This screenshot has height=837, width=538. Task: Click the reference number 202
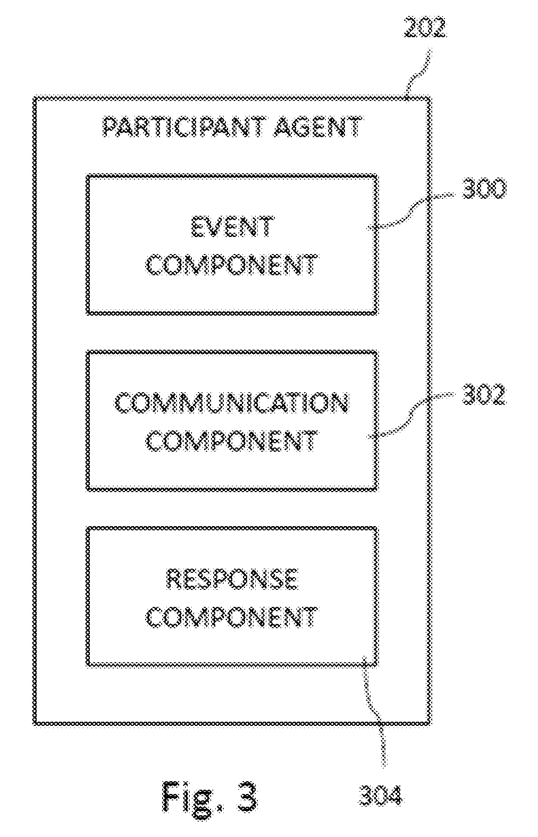coord(425,27)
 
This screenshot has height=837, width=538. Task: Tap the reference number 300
coord(484,189)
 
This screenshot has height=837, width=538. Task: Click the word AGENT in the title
coord(318,127)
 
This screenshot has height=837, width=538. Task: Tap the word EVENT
coord(232,226)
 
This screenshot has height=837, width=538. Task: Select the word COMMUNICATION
coord(231,403)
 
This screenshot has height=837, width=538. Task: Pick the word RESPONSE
coord(232,579)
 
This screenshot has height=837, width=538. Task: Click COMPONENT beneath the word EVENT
coord(232,265)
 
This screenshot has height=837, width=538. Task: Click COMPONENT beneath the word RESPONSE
coord(232,618)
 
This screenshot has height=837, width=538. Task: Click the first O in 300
coord(484,189)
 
